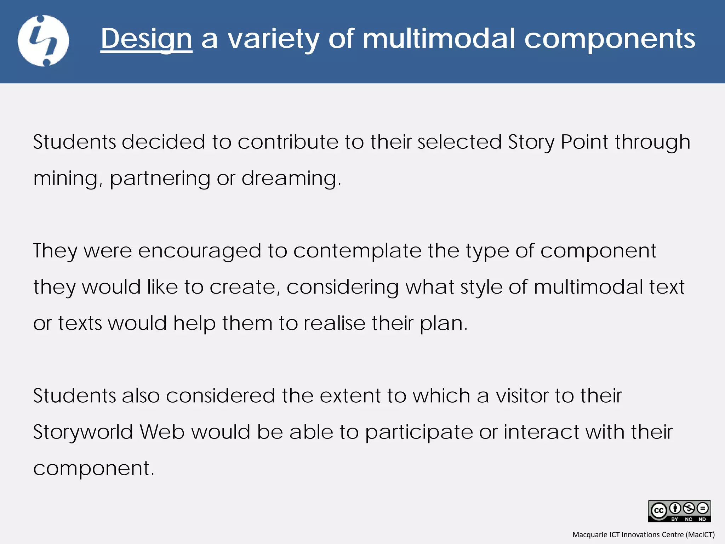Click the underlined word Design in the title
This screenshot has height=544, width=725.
(146, 39)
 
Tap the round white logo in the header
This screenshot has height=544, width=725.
(43, 41)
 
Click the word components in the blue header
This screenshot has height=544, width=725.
(610, 39)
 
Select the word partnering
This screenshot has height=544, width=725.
(160, 178)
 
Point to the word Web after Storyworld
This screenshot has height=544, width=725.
(162, 432)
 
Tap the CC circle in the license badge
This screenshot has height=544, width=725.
(659, 511)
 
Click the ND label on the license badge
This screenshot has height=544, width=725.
(702, 519)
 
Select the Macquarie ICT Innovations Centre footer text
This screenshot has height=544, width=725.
(643, 534)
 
